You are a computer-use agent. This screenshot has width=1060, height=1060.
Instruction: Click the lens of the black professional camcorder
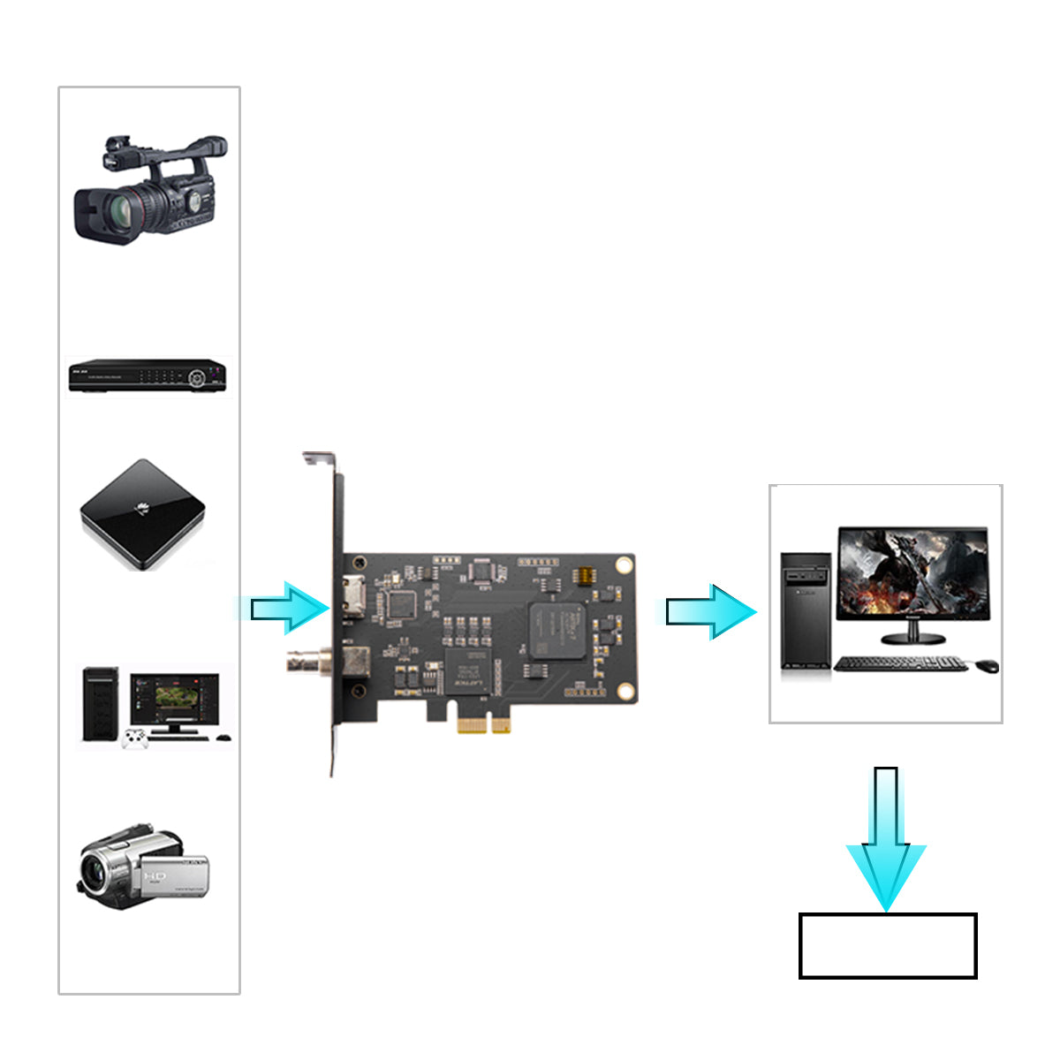pos(118,210)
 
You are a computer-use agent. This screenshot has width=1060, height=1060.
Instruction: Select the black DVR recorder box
pos(148,375)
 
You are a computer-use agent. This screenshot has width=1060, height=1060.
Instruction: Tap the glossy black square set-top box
pos(143,513)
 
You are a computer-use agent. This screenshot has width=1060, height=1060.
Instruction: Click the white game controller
pos(135,738)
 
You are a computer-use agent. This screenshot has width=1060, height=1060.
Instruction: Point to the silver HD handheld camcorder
pos(144,871)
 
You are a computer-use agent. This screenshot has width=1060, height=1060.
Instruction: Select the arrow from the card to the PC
pos(709,611)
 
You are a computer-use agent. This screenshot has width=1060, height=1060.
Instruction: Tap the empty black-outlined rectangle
pos(888,946)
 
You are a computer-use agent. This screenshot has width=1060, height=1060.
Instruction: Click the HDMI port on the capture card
pos(355,595)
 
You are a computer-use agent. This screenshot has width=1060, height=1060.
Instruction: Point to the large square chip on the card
pos(556,630)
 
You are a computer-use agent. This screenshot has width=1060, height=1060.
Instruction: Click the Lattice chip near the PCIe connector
pos(467,670)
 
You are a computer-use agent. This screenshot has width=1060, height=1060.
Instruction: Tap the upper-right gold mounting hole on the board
pos(624,564)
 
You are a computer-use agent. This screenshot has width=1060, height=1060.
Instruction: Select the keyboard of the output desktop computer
pos(900,663)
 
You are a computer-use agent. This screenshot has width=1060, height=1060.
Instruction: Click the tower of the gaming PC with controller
pos(100,704)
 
